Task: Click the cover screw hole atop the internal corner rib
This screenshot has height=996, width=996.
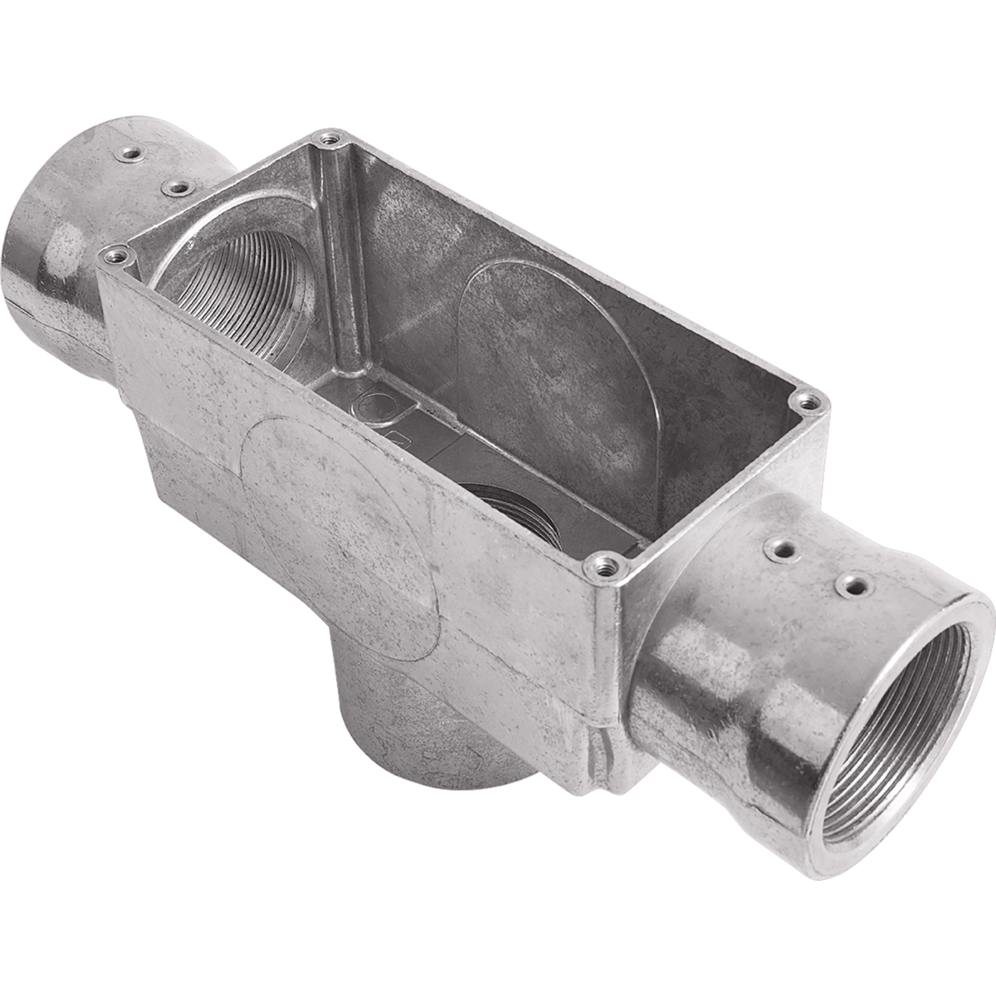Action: point(330,139)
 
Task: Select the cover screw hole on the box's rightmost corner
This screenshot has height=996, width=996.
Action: point(808,403)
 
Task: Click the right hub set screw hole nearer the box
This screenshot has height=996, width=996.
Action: point(779,549)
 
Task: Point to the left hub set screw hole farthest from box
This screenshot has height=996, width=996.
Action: point(129,153)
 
